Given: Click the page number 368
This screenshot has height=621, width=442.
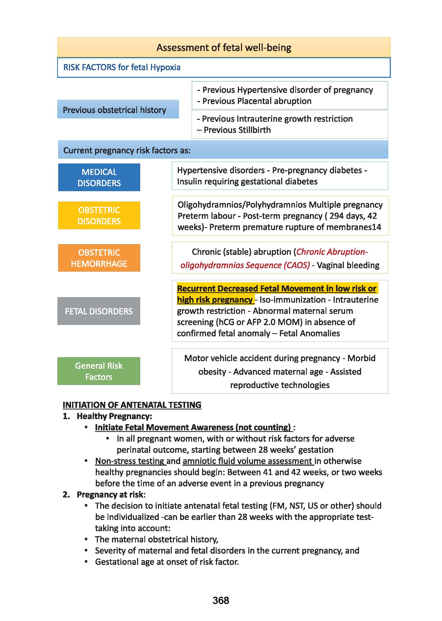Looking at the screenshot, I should (221, 600).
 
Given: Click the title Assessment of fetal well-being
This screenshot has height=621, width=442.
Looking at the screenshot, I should (224, 48).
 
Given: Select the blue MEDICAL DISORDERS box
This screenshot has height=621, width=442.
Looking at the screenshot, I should (99, 177).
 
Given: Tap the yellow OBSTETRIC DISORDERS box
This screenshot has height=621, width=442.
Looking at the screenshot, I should (99, 215).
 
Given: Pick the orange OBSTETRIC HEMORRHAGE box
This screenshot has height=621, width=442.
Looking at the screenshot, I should (99, 258).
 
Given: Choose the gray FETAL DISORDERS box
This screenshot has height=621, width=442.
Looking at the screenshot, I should (99, 311).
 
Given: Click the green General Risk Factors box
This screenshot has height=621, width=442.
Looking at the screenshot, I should (99, 371).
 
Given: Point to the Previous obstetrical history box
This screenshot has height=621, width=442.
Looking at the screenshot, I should (118, 109).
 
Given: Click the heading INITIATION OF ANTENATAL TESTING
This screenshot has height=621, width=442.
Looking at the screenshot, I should (132, 405).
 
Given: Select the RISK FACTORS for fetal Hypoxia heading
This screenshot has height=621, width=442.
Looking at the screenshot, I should (122, 67).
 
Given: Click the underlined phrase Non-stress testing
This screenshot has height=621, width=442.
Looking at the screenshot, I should (130, 461).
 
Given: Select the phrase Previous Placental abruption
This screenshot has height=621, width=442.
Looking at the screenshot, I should (257, 101).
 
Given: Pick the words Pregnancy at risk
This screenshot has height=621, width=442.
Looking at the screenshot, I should (110, 494).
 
